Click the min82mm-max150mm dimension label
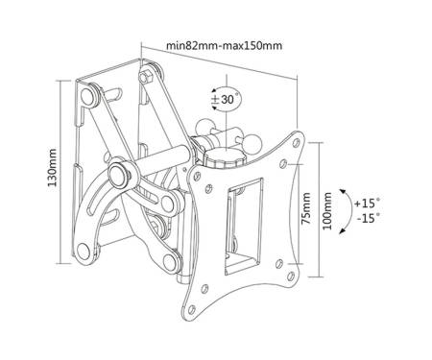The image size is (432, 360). pyautogui.click(x=224, y=46)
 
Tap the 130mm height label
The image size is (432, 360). pyautogui.click(x=52, y=168)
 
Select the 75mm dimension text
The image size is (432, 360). pyautogui.click(x=306, y=208)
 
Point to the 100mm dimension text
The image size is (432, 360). pyautogui.click(x=327, y=211)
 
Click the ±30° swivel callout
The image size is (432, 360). pyautogui.click(x=227, y=99)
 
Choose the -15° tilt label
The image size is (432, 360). pyautogui.click(x=368, y=218)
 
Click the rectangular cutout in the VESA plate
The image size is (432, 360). pyautogui.click(x=244, y=227)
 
